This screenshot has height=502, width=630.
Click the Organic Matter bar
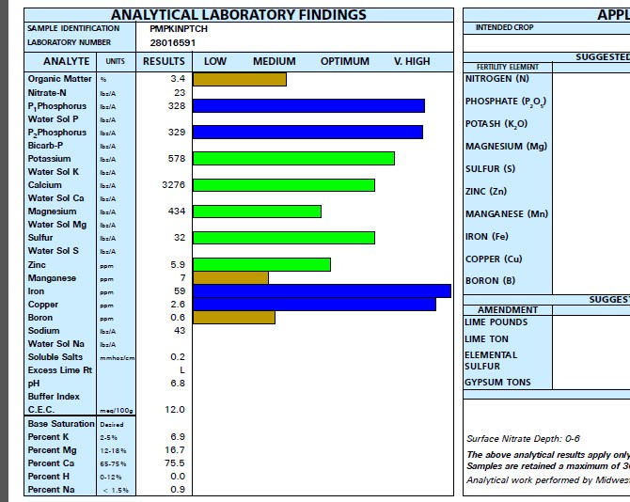239,79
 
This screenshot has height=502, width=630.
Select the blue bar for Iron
322,290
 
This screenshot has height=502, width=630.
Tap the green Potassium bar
293,158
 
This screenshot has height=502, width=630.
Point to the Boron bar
234,317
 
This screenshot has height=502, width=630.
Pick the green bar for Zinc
261,264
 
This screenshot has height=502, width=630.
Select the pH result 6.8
176,383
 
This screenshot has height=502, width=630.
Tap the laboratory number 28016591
173,42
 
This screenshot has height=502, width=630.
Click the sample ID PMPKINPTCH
180,28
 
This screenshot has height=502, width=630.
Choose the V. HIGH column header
412,61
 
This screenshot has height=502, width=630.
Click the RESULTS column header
164,61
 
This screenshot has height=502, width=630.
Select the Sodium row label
43,330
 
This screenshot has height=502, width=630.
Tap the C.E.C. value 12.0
175,410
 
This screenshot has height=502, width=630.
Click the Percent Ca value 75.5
175,463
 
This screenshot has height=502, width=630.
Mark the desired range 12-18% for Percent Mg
113,450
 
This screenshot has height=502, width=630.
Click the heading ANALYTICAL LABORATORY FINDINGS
239,15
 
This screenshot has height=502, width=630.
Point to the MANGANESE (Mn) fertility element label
506,214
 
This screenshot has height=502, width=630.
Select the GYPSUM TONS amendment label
497,383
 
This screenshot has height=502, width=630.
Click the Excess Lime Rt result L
181,369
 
